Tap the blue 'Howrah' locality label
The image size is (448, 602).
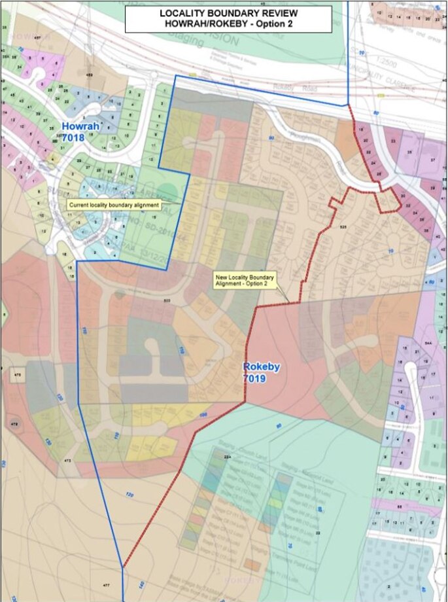[x=78, y=125]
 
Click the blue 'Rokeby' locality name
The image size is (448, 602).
[x=261, y=367]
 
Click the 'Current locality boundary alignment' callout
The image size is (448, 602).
[x=114, y=205]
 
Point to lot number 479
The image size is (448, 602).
[x=14, y=425]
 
